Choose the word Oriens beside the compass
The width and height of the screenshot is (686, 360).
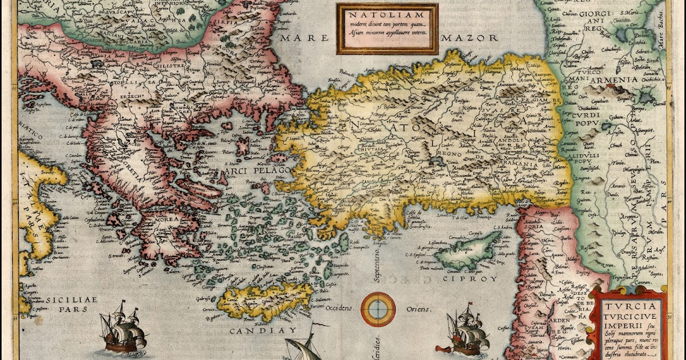point(417,309)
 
